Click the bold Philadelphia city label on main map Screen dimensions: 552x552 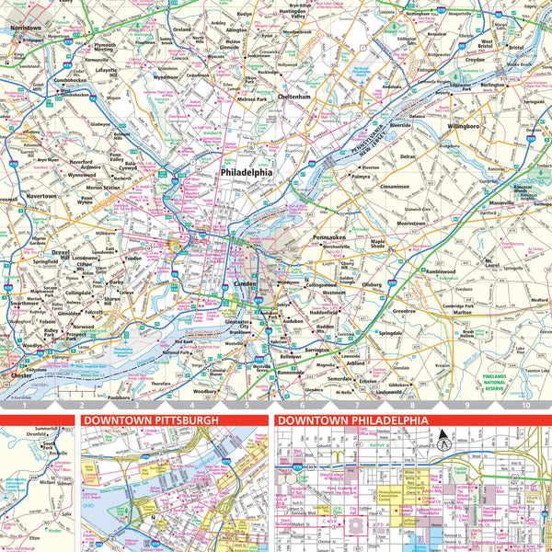point(246,172)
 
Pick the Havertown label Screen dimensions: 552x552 point(40,196)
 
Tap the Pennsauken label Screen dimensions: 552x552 point(330,237)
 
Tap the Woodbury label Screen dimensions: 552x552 point(205,391)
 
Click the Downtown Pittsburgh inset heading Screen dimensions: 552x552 point(151,420)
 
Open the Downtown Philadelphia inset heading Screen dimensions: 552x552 point(352,420)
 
